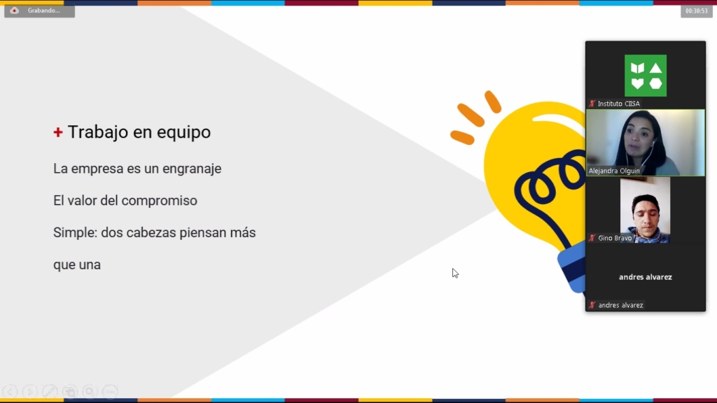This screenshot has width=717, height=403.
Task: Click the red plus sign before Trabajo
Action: pos(57,132)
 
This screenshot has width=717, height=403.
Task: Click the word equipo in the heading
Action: pos(184,132)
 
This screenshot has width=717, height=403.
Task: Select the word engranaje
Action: pos(192,169)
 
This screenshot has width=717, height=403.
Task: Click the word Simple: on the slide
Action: pos(76,233)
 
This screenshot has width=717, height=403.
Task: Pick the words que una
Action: pos(77,265)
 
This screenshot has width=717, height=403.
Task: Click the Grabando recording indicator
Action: pos(39,10)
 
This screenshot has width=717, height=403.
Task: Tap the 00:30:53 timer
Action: pos(697,11)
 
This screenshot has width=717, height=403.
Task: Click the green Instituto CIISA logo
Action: pos(645,76)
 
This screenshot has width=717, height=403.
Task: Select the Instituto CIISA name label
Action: pos(619,104)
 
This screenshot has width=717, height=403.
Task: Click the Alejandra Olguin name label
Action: pos(614,171)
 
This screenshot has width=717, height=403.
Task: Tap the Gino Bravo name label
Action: pos(615,238)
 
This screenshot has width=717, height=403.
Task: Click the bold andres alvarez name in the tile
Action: pos(645,277)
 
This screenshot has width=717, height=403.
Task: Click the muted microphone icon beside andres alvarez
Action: pos(592,305)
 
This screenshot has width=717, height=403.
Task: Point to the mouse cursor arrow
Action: pos(455,274)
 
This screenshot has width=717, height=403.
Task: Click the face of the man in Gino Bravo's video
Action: pos(646,214)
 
